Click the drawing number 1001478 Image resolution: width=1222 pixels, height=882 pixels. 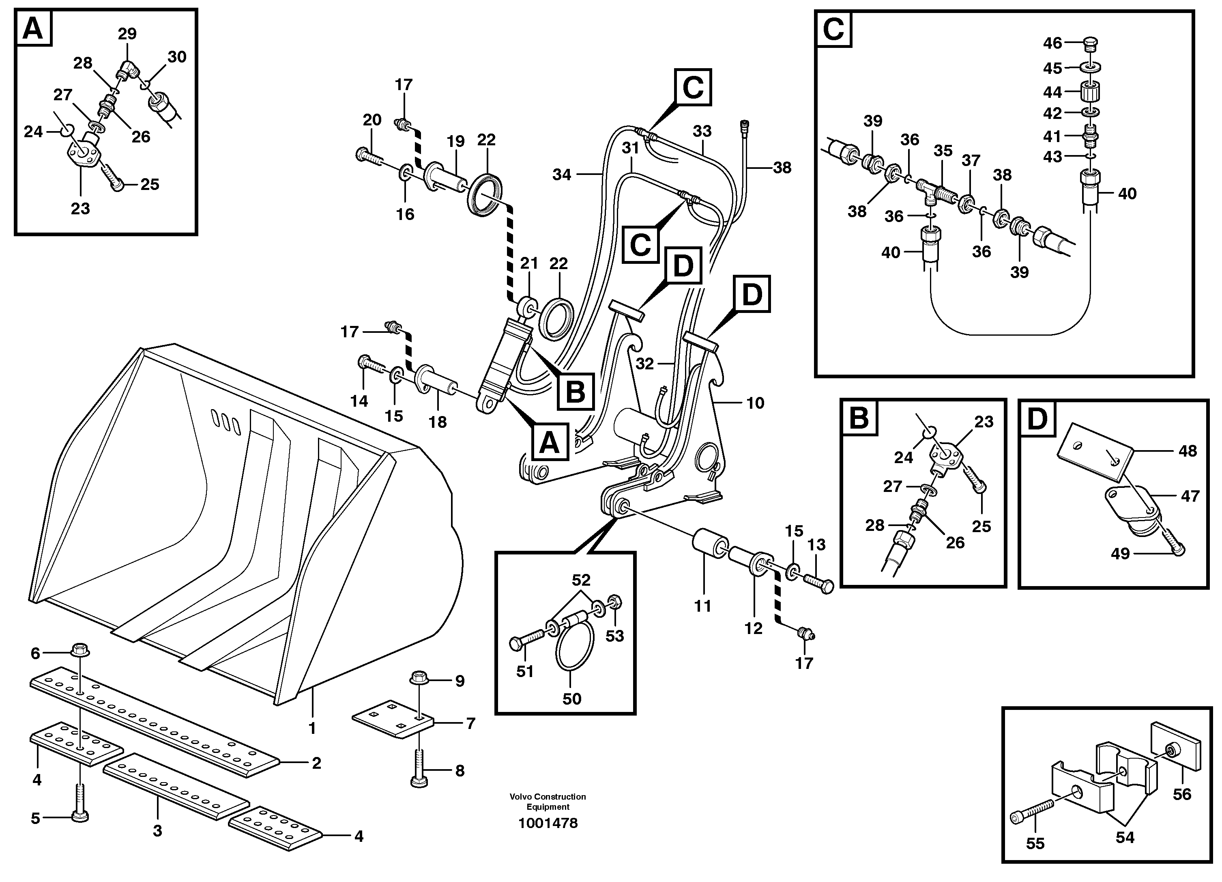point(548,823)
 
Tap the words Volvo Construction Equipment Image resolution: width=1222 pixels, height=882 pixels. point(548,802)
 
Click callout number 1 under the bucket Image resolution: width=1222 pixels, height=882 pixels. point(312,728)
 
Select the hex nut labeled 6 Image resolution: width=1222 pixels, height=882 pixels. point(80,650)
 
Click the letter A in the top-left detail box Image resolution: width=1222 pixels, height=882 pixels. point(33,28)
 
